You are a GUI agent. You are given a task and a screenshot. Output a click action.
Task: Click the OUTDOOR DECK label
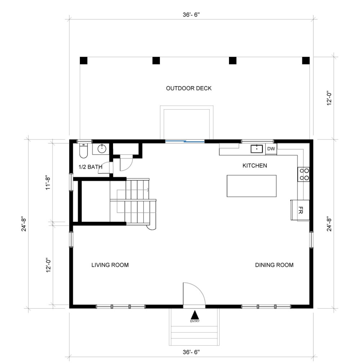(189, 88)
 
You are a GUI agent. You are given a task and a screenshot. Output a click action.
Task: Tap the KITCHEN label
(255, 165)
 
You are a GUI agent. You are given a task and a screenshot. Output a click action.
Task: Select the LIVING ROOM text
(110, 265)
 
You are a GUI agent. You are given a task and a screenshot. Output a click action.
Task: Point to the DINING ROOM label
(274, 265)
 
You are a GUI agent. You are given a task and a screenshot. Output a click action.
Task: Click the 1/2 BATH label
(90, 167)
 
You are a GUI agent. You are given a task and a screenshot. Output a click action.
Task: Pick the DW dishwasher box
(271, 149)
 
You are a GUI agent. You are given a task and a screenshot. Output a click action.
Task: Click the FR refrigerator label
(301, 210)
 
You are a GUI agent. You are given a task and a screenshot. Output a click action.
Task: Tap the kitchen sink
(257, 149)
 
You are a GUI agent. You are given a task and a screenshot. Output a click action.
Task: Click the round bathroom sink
(102, 149)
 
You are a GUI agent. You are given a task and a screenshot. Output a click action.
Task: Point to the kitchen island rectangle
(252, 186)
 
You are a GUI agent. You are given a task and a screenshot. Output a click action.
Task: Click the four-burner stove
(303, 174)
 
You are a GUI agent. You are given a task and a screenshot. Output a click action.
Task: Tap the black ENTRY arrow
(195, 315)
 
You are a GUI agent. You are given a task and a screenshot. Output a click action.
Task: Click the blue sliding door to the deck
(185, 141)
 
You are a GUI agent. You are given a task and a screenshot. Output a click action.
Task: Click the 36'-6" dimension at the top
(191, 15)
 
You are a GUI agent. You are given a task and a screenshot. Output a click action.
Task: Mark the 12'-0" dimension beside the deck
(329, 98)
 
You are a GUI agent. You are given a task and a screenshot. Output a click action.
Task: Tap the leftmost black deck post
(84, 61)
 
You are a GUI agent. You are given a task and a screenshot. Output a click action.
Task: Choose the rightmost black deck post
(306, 61)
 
